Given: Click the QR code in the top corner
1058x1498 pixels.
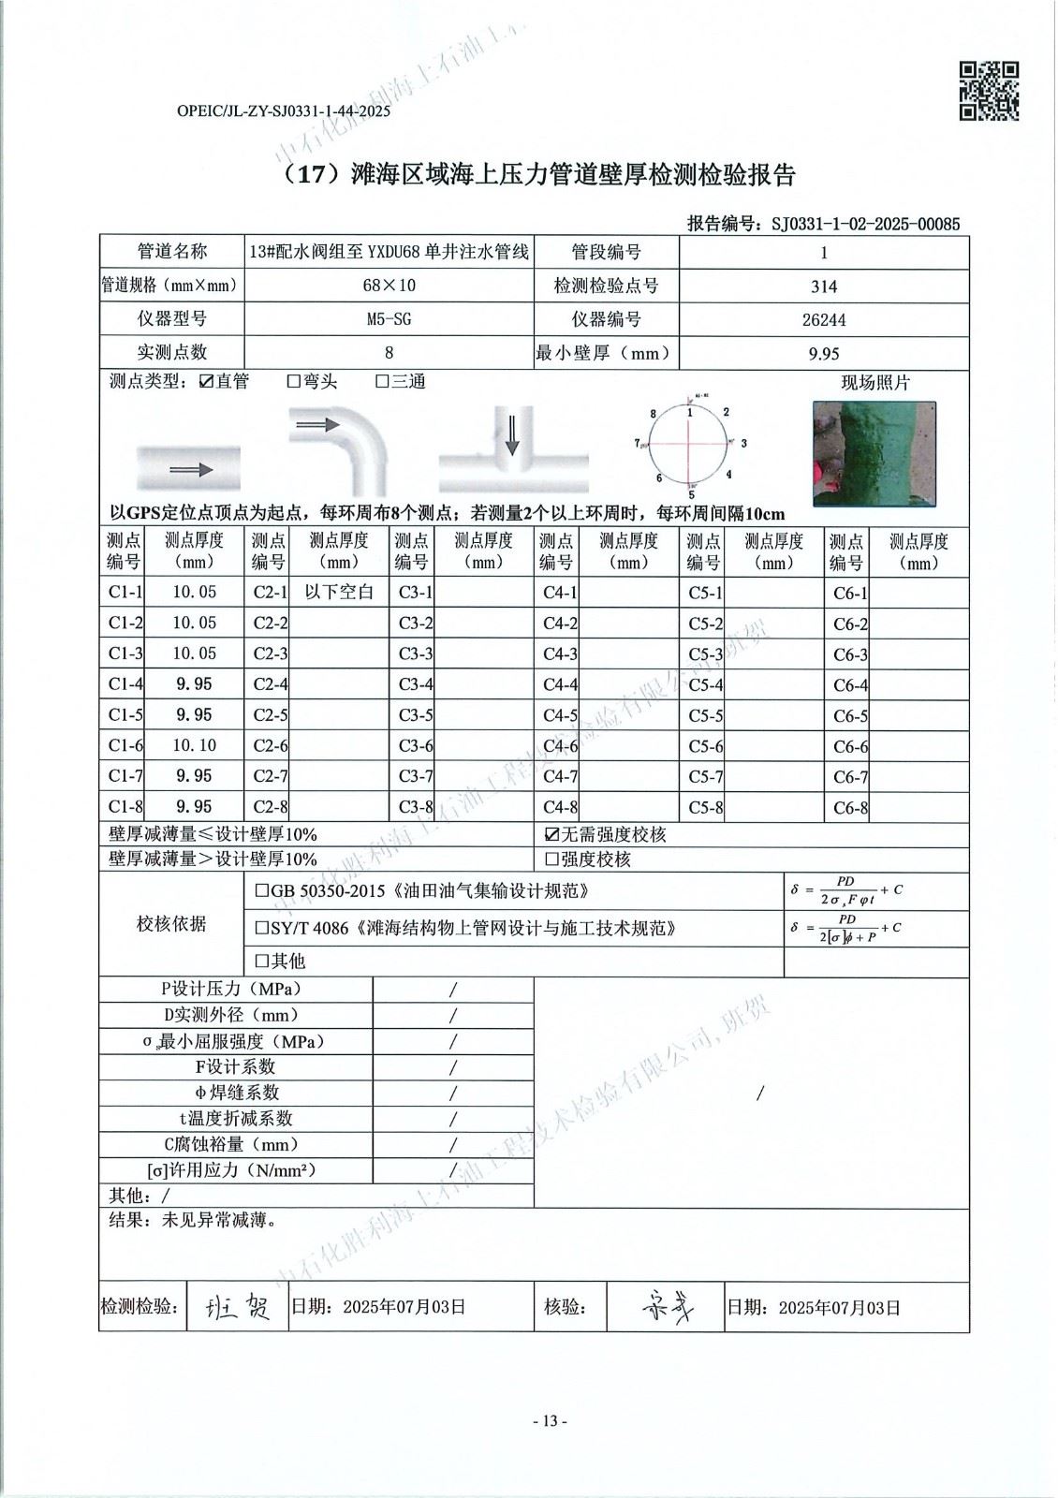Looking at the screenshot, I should pos(989,91).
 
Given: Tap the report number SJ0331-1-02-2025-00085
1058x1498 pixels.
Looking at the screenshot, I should pos(865,224).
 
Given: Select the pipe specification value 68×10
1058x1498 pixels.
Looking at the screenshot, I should pos(389,286).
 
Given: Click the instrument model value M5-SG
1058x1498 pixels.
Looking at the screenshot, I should pos(389,319).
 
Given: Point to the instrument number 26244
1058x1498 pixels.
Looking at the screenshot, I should pos(824,319).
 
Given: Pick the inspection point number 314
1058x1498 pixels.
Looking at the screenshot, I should pos(824,286).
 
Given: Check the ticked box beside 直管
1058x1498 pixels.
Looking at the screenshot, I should pos(207,382).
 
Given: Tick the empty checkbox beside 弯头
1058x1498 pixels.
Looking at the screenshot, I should pos(294,382).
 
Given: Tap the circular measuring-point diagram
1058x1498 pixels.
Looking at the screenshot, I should pos(690,445).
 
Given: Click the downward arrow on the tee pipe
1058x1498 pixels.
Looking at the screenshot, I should pos(511,435).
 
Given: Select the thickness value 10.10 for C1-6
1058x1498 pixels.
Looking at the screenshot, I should pos(195,745).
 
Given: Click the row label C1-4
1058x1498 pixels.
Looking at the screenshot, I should pos(125,684).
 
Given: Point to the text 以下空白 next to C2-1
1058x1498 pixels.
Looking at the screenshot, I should pos(339,592).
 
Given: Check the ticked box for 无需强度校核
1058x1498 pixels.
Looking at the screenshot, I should pos(552,834).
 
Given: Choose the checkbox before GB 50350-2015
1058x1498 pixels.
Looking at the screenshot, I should pos(262,891).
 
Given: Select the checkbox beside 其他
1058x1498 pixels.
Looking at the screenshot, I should pos(262,961).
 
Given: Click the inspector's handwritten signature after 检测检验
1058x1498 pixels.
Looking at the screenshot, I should pos(239,1307).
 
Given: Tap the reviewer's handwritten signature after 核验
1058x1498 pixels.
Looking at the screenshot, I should pos(667,1307).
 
